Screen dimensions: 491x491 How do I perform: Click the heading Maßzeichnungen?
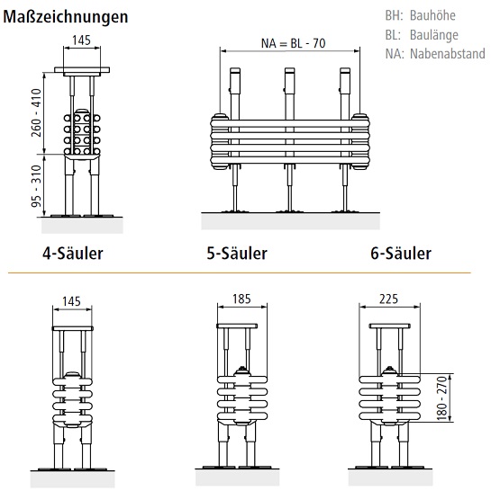pyautogui.click(x=65, y=17)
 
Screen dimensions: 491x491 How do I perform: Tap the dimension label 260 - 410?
pyautogui.click(x=37, y=112)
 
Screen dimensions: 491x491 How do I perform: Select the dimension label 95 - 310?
pyautogui.click(x=37, y=186)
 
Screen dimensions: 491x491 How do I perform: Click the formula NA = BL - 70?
pyautogui.click(x=294, y=43)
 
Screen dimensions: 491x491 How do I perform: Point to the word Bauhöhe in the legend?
pyautogui.click(x=432, y=15)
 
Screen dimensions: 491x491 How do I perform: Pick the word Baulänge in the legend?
pyautogui.click(x=434, y=35)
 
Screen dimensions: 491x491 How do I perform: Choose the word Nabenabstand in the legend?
pyautogui.click(x=448, y=54)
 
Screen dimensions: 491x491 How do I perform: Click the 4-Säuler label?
pyautogui.click(x=73, y=253)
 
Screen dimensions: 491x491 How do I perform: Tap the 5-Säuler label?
pyautogui.click(x=237, y=253)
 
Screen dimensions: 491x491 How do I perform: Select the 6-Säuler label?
pyautogui.click(x=401, y=253)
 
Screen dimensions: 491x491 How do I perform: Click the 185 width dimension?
pyautogui.click(x=241, y=299)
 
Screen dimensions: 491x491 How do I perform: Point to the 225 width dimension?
pyautogui.click(x=388, y=299)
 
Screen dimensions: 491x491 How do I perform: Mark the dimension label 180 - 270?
pyautogui.click(x=441, y=398)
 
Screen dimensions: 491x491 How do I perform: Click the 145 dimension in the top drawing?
pyautogui.click(x=82, y=40)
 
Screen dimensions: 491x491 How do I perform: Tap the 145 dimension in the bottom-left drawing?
pyautogui.click(x=71, y=301)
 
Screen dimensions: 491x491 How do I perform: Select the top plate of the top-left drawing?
pyautogui.click(x=82, y=70)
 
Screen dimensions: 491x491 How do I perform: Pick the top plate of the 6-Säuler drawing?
pyautogui.click(x=390, y=326)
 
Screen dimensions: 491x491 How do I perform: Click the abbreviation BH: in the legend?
pyautogui.click(x=394, y=15)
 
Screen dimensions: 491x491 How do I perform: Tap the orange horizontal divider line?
pyautogui.click(x=240, y=272)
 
